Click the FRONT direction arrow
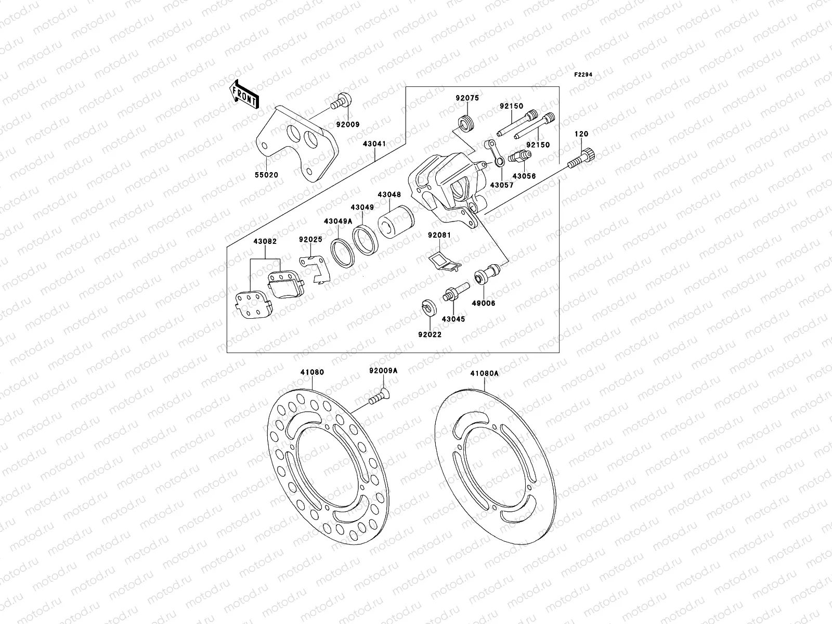pyautogui.click(x=245, y=95)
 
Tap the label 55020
pyautogui.click(x=267, y=175)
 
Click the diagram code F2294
pyautogui.click(x=583, y=74)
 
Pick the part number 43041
pyautogui.click(x=374, y=143)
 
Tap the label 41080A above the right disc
pyautogui.click(x=484, y=373)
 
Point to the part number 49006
pyautogui.click(x=484, y=303)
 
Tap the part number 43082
pyautogui.click(x=265, y=241)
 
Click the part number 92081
pyautogui.click(x=439, y=235)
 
